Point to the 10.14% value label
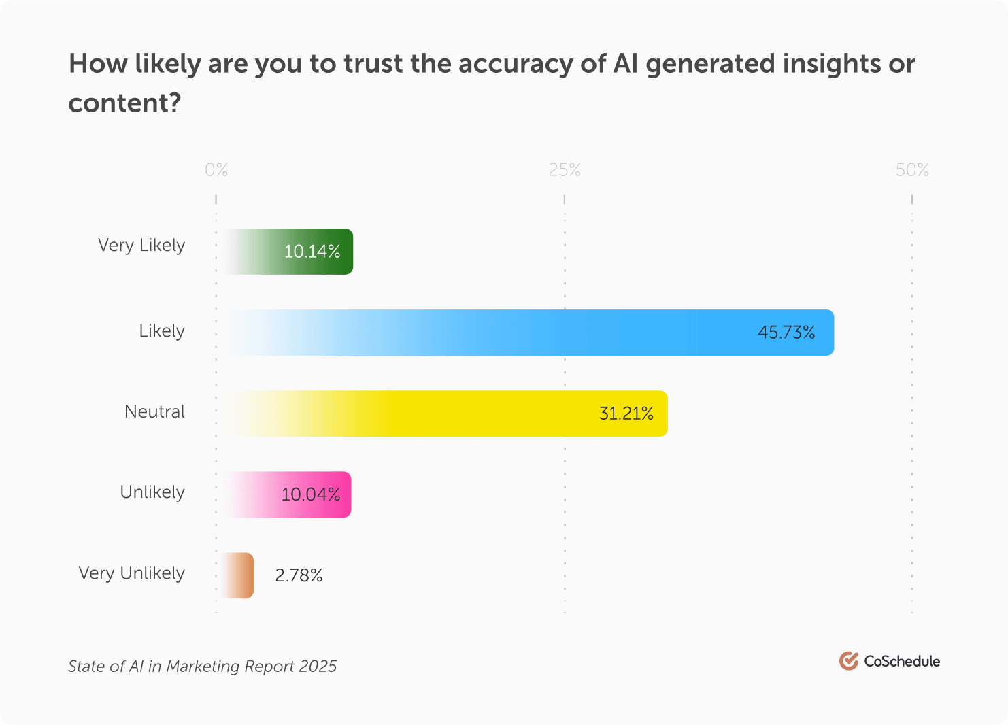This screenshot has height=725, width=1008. pos(312,252)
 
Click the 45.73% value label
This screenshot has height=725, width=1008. pos(786,333)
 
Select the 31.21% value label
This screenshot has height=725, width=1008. pos(626,414)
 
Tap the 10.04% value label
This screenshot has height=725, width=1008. pos(311,494)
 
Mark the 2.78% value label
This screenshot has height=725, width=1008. pos(299,576)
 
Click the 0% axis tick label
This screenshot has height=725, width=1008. pos(216,170)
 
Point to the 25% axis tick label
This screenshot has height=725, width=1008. pos(565,170)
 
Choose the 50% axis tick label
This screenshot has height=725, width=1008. pos(912,170)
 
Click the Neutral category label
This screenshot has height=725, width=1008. pos(154,411)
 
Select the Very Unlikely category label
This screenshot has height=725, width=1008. pos(131,573)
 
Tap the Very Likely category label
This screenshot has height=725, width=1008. pos(141,246)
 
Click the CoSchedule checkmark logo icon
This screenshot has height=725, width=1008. pos(848,660)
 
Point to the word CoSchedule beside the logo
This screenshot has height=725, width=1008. pos(902,661)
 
